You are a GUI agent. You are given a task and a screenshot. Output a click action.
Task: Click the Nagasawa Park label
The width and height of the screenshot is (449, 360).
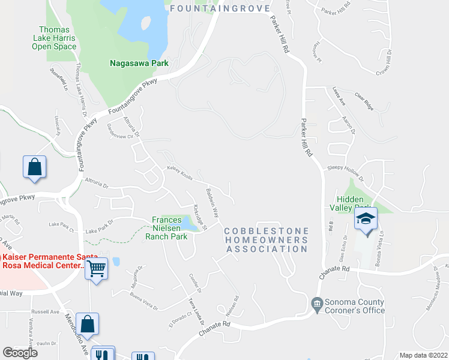(138, 62)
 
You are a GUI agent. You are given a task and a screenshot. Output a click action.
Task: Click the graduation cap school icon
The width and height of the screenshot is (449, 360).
(365, 220)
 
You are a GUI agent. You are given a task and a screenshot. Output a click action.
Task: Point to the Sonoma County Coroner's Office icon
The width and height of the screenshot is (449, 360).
(317, 306)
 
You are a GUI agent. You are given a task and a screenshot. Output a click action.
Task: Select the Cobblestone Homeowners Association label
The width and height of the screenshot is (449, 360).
(267, 240)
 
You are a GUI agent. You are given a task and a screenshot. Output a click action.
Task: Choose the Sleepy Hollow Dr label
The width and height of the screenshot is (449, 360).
(346, 173)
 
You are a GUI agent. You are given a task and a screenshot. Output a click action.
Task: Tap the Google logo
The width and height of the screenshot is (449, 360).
(20, 353)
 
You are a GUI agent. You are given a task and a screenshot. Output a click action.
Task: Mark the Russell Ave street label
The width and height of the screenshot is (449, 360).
(46, 312)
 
